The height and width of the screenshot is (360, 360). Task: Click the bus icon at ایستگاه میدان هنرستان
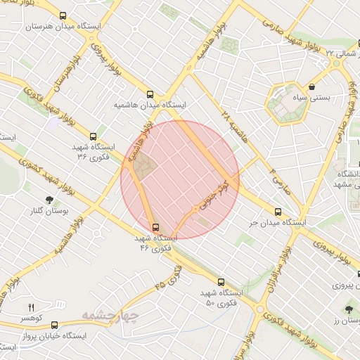(63, 15)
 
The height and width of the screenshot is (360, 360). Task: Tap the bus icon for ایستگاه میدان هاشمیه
(149, 94)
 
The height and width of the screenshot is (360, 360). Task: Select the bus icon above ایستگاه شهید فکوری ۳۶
(93, 136)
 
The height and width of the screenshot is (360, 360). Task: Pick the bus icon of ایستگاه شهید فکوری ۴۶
(155, 227)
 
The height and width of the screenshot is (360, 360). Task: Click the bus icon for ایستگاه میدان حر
(278, 211)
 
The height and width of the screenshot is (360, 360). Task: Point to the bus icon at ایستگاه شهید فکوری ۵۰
(221, 281)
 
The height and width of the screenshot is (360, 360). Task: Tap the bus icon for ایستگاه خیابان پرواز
(54, 325)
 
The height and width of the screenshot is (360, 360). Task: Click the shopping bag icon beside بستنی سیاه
(311, 87)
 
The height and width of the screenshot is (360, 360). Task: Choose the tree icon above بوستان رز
(349, 309)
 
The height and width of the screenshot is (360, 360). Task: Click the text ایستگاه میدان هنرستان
(63, 27)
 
